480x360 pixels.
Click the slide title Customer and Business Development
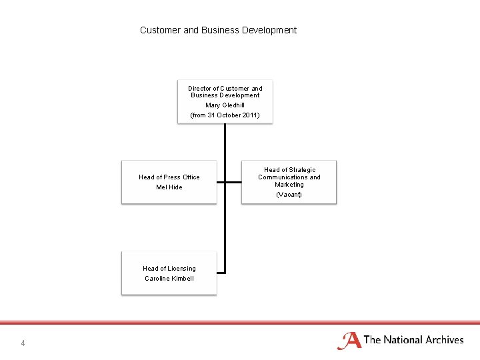coord(218,30)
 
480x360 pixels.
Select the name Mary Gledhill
coord(225,105)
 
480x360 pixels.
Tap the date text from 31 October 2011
coord(225,115)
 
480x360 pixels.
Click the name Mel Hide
coord(169,187)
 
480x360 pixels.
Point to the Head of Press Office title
coord(169,177)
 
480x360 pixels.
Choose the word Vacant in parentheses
coord(289,195)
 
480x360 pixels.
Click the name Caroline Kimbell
coord(169,279)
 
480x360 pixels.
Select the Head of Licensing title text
coord(169,269)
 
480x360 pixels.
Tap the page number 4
coord(23,343)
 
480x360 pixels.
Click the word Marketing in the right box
coord(289,185)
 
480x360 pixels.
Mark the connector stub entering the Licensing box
coord(221,273)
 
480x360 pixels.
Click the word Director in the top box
coord(199,88)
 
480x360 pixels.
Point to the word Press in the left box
coord(171,177)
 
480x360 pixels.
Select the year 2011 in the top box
coord(249,115)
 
